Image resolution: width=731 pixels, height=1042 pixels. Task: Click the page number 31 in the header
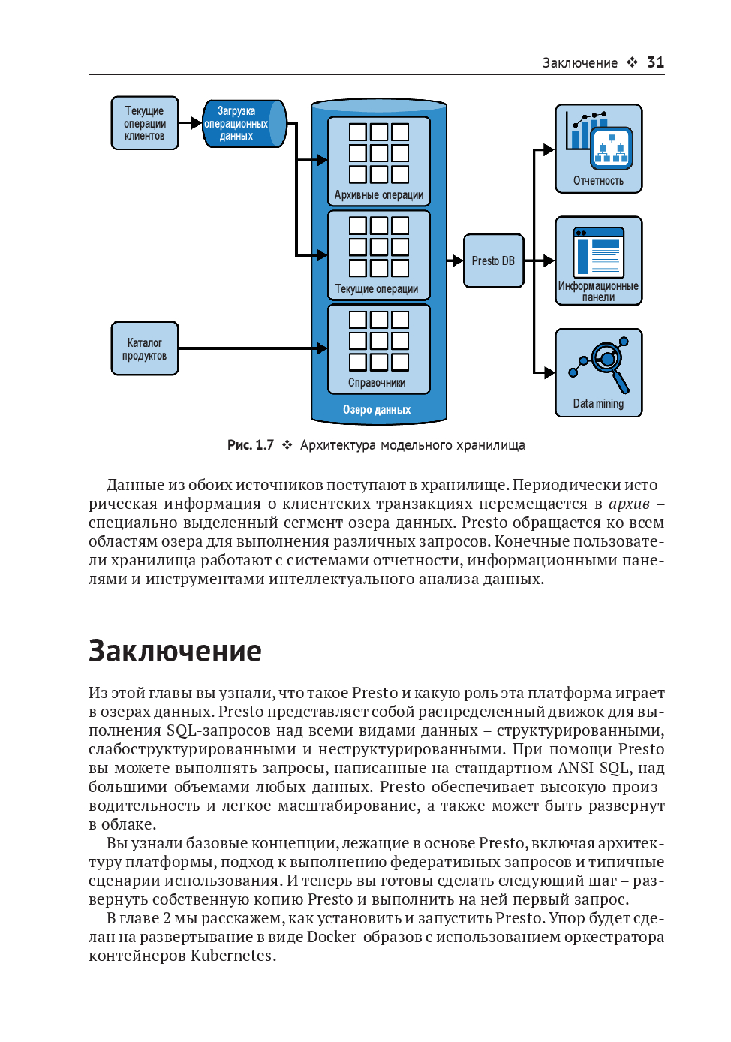(655, 62)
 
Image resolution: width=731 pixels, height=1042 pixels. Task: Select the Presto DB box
(493, 260)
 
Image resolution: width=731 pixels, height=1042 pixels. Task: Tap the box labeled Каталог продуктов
(145, 348)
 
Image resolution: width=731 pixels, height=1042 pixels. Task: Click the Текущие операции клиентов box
(145, 123)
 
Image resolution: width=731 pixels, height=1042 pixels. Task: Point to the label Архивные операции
(379, 195)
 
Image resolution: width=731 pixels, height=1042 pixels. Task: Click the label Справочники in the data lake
(377, 383)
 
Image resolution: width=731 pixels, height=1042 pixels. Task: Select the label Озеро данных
(377, 410)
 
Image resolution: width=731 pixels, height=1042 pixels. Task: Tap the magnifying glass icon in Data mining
(608, 361)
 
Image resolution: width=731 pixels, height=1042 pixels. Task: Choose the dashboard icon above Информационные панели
(599, 253)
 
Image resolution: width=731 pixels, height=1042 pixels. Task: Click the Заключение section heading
(175, 651)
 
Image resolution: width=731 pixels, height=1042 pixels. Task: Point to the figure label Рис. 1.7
(251, 445)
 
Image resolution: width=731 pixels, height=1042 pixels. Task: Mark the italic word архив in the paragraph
(629, 504)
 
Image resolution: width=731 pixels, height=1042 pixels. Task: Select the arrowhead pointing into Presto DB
(457, 260)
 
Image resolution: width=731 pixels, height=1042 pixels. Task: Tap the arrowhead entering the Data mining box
(549, 372)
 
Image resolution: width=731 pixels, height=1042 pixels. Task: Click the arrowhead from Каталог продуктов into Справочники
(322, 348)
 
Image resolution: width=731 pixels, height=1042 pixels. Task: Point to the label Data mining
(598, 404)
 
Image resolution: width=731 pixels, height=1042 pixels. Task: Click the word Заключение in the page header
(580, 63)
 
